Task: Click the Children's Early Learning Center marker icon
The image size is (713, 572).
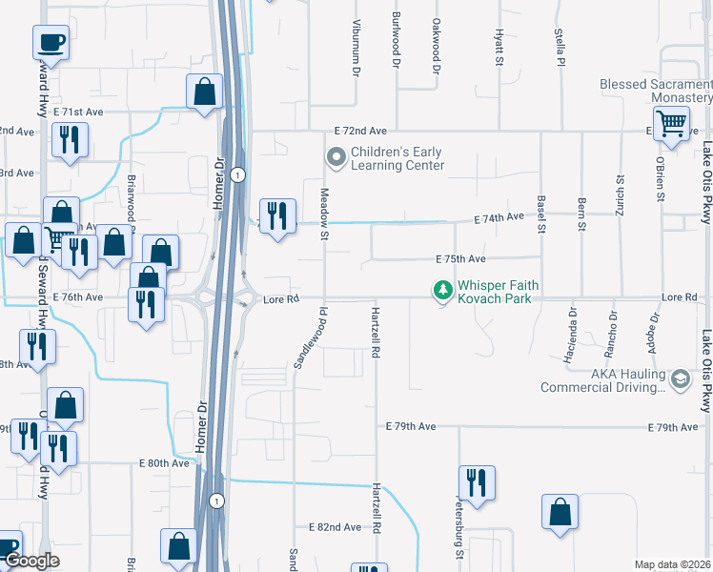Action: [336, 156]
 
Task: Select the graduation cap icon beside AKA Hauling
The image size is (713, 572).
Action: [680, 379]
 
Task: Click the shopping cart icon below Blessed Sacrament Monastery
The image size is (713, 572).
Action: [672, 123]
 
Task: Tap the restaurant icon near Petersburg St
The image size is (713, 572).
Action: [474, 482]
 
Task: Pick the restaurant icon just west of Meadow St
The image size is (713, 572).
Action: [277, 215]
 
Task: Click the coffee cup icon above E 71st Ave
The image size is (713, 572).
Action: [51, 42]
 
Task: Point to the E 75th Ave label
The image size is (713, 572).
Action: [461, 259]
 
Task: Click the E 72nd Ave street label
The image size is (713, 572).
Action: [360, 131]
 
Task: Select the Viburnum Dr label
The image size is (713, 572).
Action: [356, 47]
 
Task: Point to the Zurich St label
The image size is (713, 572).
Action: [620, 194]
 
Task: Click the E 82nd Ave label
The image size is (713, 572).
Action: [335, 527]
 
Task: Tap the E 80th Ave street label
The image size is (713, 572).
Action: [164, 463]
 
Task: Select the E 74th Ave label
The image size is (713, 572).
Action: [499, 218]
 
